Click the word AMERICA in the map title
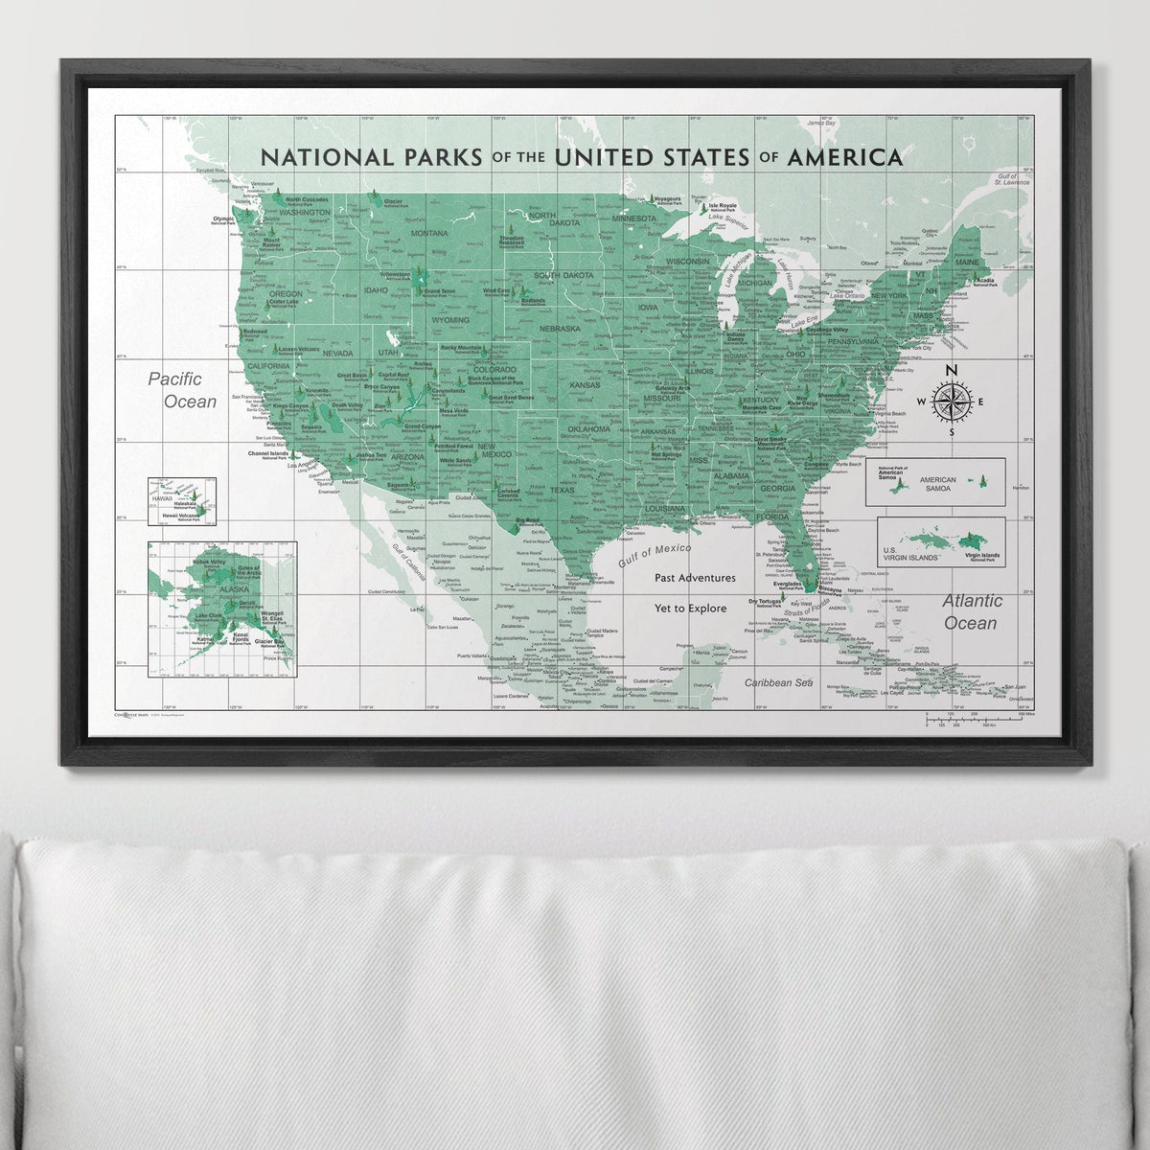844,156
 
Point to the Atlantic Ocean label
971,611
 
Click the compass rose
952,401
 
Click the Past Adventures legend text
696,578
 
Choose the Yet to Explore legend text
695,608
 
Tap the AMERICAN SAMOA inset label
938,483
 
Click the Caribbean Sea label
779,682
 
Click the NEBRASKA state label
561,329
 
